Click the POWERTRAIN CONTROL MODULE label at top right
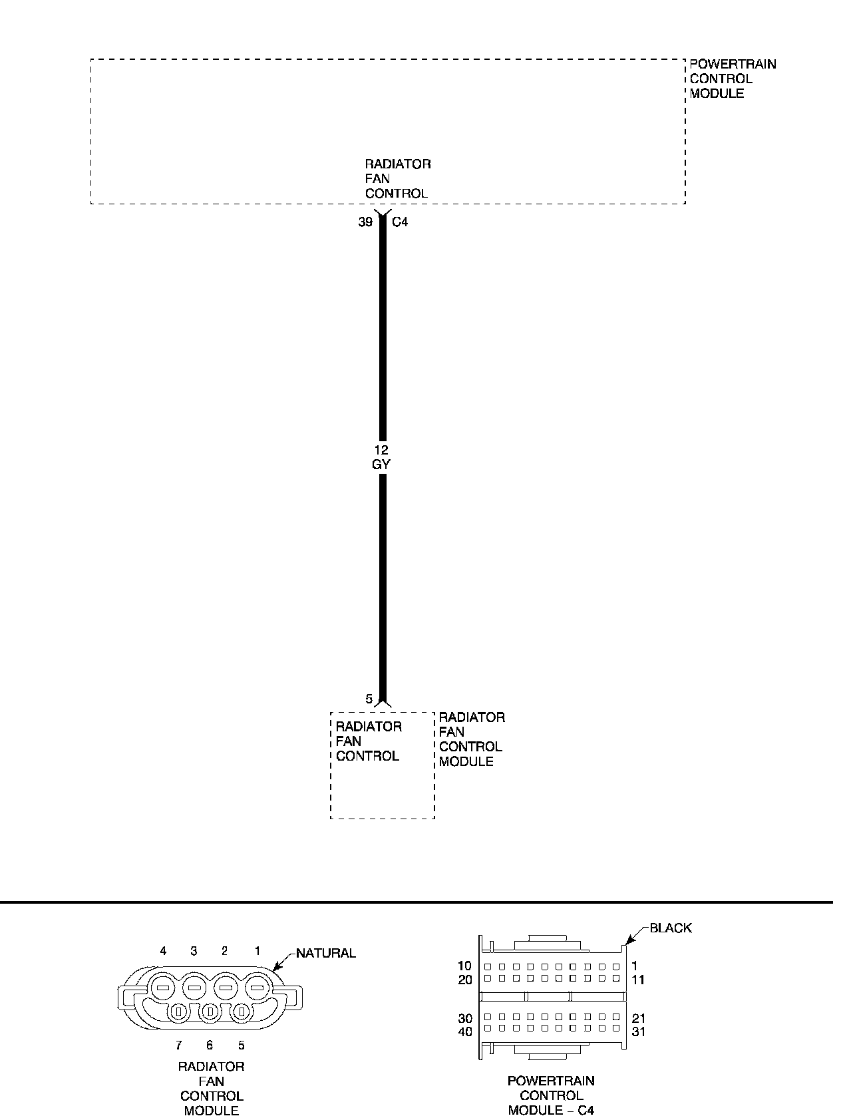tap(732, 79)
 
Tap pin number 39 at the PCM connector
tap(365, 222)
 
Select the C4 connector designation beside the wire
tap(400, 222)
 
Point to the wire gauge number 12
tap(381, 451)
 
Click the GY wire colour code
tap(381, 465)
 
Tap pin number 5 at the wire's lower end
tap(369, 699)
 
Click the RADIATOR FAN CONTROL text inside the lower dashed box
tap(368, 741)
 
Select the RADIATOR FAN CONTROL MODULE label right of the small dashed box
tap(471, 739)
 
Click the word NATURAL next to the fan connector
tap(325, 953)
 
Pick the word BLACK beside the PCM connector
tap(670, 928)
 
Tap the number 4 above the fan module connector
tap(163, 951)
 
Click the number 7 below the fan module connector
tap(178, 1045)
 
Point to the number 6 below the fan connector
tap(210, 1045)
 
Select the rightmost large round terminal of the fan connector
tap(257, 987)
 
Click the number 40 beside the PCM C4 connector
tap(465, 1031)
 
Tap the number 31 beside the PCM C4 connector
tap(637, 1031)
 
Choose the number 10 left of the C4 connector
tap(465, 966)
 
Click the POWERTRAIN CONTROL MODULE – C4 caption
tap(551, 1095)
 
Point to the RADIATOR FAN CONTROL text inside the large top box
tap(397, 179)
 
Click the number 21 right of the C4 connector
tap(637, 1018)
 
